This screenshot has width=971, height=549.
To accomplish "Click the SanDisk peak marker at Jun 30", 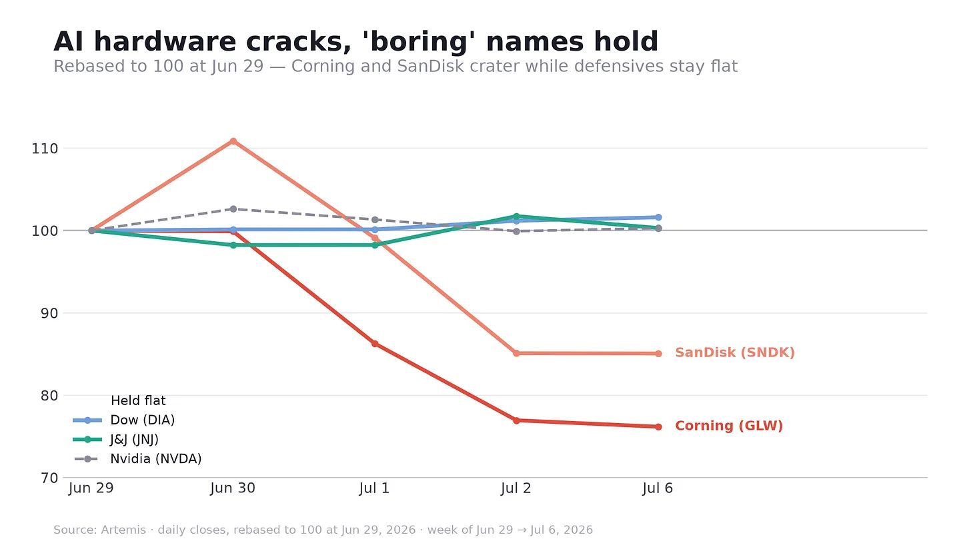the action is click(233, 141).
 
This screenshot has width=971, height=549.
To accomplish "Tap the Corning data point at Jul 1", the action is click(375, 344).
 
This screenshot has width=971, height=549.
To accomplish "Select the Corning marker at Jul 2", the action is click(516, 420).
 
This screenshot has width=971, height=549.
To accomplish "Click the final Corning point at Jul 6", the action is click(658, 427).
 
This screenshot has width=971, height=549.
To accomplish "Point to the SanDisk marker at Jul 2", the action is click(516, 353).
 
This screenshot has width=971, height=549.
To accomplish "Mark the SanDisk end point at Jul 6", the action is click(658, 354).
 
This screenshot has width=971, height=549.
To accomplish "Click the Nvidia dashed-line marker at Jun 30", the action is click(233, 209).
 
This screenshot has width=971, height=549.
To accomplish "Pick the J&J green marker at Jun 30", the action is click(233, 245).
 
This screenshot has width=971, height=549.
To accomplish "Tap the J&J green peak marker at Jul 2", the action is click(516, 216).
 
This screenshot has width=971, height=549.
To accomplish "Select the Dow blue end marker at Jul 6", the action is click(658, 217).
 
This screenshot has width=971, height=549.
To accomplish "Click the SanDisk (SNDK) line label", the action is click(735, 352).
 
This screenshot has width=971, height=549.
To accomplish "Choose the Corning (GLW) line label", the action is click(729, 426).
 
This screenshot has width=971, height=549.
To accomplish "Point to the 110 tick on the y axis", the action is click(45, 149).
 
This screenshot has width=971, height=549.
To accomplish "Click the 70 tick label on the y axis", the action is click(49, 478).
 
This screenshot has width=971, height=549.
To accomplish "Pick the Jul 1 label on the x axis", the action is click(375, 488).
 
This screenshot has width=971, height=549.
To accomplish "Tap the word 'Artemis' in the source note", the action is click(123, 530).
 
